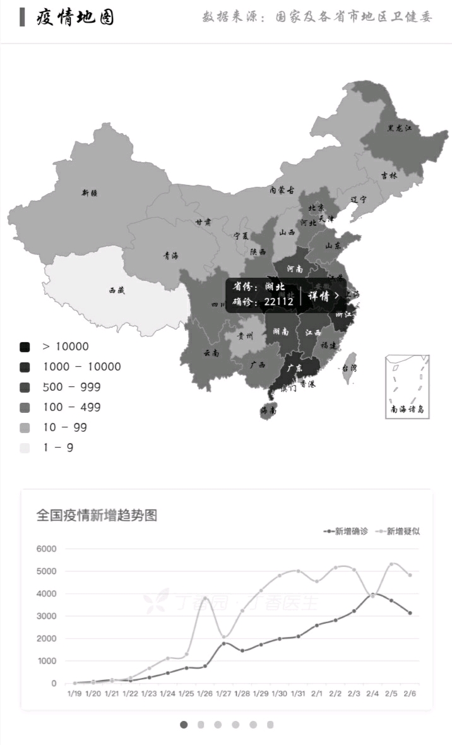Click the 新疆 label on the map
click(90, 193)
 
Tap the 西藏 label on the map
click(117, 290)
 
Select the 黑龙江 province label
click(399, 128)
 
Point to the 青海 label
click(170, 256)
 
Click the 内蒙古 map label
click(282, 189)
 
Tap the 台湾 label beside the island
click(348, 368)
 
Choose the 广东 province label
click(295, 367)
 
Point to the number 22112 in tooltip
click(279, 302)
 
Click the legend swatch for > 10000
click(25, 347)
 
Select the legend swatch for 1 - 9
click(25, 448)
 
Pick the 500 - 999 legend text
click(71, 387)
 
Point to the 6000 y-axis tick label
click(46, 549)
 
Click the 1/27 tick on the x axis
click(223, 693)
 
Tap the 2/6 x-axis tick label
click(410, 693)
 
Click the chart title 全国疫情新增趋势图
click(97, 515)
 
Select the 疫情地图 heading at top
click(76, 17)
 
